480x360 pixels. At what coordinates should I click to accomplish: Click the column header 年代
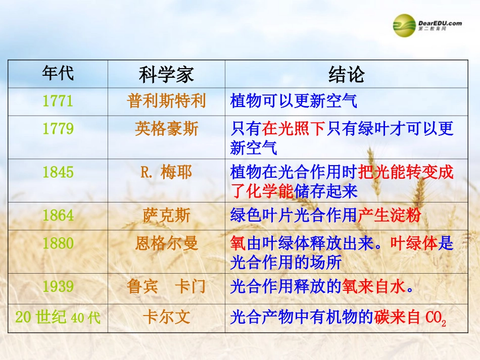tap(58, 74)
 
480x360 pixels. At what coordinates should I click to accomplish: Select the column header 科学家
tap(166, 75)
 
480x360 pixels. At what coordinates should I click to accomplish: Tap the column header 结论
tap(346, 75)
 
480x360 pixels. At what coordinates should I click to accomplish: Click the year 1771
tap(58, 101)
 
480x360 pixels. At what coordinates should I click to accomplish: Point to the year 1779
tap(58, 129)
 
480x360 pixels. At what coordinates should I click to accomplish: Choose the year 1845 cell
tap(58, 172)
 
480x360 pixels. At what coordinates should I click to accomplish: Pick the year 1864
tap(58, 216)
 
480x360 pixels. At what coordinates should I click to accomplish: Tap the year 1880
tap(58, 243)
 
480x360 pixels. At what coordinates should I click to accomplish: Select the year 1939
tap(58, 287)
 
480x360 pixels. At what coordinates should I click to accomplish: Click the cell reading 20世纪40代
tap(58, 318)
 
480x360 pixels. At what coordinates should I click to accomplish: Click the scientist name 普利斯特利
tap(166, 101)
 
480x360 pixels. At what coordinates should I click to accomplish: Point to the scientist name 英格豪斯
tap(166, 129)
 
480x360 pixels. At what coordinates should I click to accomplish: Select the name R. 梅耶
tap(166, 172)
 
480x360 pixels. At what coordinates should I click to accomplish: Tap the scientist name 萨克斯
tap(166, 216)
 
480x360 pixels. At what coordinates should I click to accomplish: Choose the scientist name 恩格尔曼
tap(166, 243)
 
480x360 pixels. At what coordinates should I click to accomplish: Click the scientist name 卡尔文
tap(166, 317)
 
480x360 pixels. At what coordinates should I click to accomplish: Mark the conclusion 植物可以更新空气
tap(294, 101)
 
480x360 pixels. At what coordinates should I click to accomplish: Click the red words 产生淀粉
tap(389, 216)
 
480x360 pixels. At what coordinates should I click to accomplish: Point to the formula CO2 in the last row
tap(436, 318)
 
